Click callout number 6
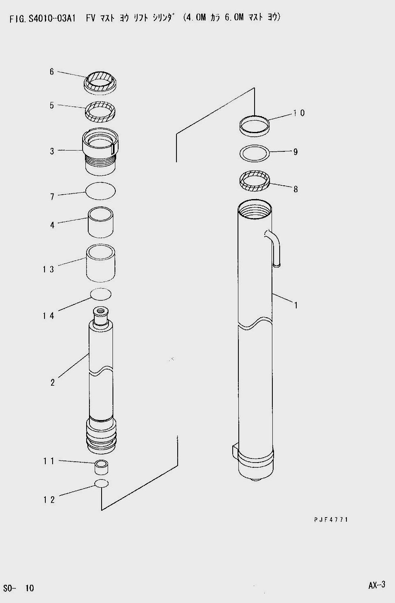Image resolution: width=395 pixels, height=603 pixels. point(51,72)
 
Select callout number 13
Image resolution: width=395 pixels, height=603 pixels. point(48,269)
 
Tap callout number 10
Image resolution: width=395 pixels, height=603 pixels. point(299,113)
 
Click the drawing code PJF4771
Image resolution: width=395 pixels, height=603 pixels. point(331,519)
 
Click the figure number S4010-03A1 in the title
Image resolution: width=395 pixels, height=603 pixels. point(50,19)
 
